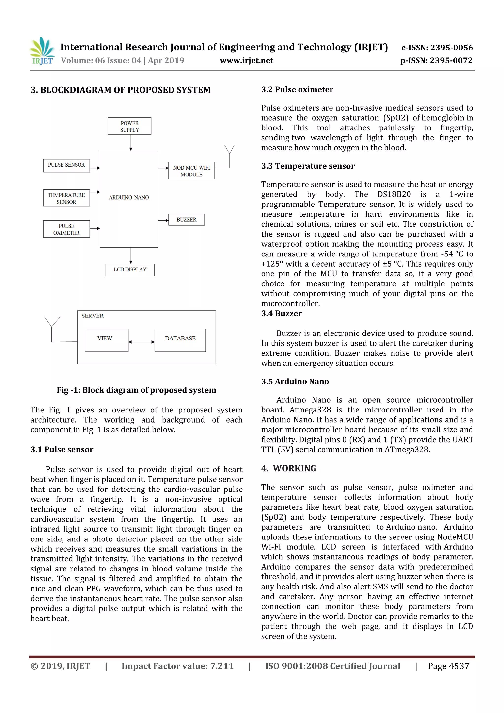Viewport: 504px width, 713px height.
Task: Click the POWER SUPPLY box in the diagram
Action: (x=129, y=126)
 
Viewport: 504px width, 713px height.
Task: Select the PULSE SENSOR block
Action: (x=66, y=165)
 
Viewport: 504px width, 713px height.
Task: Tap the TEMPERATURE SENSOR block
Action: (x=66, y=198)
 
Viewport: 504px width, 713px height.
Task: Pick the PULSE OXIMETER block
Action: (x=66, y=229)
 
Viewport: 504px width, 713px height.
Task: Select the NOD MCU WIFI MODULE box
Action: (x=191, y=171)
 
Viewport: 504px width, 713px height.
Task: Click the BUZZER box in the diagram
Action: (x=186, y=220)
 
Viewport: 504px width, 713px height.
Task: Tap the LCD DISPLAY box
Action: (x=130, y=269)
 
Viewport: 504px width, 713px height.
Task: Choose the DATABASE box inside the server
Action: (x=180, y=340)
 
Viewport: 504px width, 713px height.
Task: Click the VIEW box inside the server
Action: (x=106, y=340)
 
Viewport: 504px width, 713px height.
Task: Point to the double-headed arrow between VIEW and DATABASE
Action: (x=141, y=342)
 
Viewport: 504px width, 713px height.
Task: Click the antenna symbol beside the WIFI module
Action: (x=230, y=154)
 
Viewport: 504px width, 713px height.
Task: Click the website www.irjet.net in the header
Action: (x=247, y=61)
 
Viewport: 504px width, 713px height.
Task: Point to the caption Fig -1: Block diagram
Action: (x=136, y=390)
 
